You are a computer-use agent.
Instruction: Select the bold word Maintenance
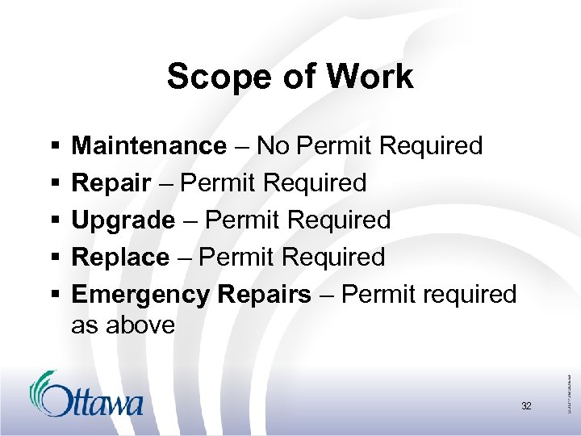click(149, 146)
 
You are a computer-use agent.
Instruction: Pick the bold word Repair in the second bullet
click(111, 183)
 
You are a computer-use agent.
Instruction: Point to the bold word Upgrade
click(123, 220)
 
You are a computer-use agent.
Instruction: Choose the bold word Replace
click(120, 258)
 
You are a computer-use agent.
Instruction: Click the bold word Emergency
click(140, 295)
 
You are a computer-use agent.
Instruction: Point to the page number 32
click(526, 406)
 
